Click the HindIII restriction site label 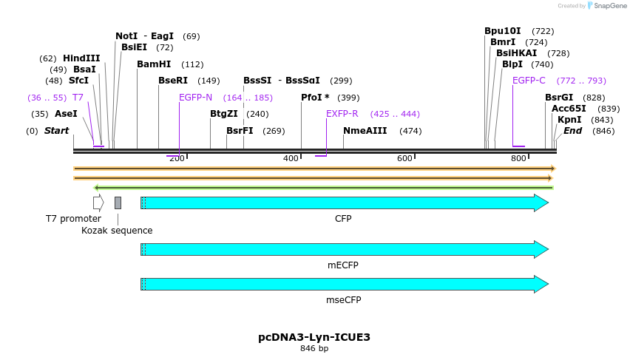pos(81,58)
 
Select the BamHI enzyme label pos(154,64)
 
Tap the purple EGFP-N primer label pos(195,98)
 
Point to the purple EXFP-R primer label pos(342,114)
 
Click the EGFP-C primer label pos(529,81)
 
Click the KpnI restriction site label pos(569,120)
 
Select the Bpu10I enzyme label pos(503,31)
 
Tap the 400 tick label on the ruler pos(291,158)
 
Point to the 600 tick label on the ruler pos(404,158)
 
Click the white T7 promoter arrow pos(98,203)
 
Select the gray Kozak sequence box pos(118,203)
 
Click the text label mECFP pos(345,265)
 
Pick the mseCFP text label pos(345,300)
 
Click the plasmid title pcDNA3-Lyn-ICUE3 pos(314,337)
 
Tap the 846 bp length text pos(314,349)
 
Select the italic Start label pos(57,131)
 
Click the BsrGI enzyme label pos(559,98)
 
